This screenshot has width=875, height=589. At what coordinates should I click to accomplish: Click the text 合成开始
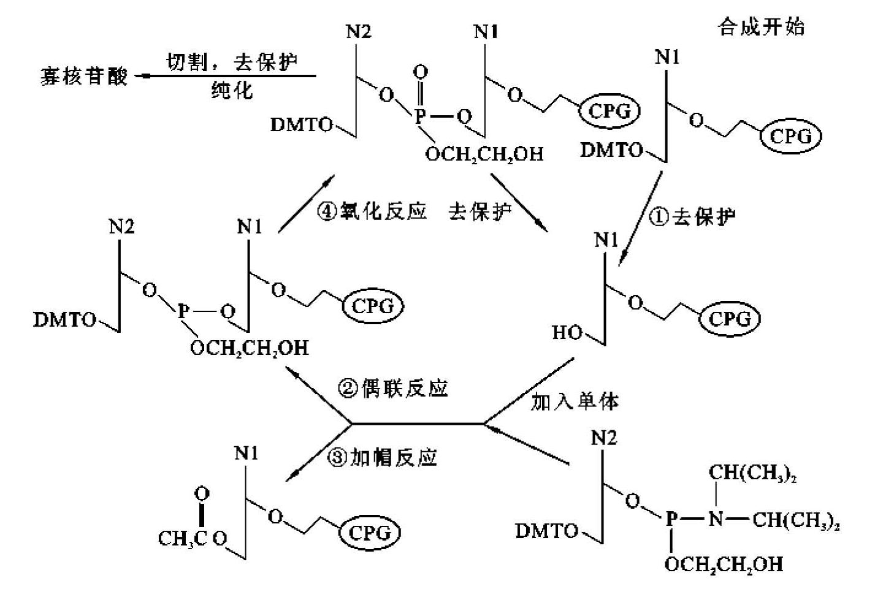tap(760, 28)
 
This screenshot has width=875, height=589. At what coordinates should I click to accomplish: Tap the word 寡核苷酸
tap(84, 77)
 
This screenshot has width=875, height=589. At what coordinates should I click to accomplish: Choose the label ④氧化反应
tap(372, 212)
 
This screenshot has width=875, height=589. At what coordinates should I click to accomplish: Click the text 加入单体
tap(575, 401)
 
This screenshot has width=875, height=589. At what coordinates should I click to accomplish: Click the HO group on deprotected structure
tap(567, 333)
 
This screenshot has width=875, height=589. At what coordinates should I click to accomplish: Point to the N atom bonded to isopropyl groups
tap(715, 520)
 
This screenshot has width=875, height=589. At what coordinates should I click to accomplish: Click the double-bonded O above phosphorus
tap(420, 73)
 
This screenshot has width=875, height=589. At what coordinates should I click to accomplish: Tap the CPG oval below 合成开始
tap(790, 136)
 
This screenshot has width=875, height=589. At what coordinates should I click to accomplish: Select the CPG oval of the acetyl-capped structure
tap(369, 533)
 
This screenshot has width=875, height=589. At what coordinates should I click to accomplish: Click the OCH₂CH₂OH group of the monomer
tap(724, 564)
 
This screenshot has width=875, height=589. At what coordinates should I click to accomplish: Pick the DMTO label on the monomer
tap(548, 531)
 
